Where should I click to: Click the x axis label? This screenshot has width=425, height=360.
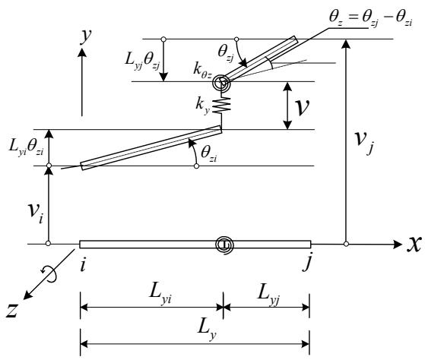coord(414,244)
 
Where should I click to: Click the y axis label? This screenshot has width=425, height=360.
coord(86,36)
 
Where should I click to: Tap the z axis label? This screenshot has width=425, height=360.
coord(12,310)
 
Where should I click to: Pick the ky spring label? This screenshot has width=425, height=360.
coord(203,106)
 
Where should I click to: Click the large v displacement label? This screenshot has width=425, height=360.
coord(302,107)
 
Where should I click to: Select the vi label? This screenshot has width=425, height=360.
coord(36,213)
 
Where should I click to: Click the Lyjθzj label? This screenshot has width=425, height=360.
coord(142,61)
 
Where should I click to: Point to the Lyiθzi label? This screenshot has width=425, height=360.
coord(26,148)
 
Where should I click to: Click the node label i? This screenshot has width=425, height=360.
coord(83,264)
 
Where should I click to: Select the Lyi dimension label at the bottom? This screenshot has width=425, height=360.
coord(160,295)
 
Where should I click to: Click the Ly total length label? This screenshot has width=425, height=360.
coord(207,331)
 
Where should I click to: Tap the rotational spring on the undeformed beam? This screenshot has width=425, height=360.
coord(224,245)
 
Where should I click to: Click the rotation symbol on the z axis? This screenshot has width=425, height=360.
coord(49,273)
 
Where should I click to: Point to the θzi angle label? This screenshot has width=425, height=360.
coord(209,154)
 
